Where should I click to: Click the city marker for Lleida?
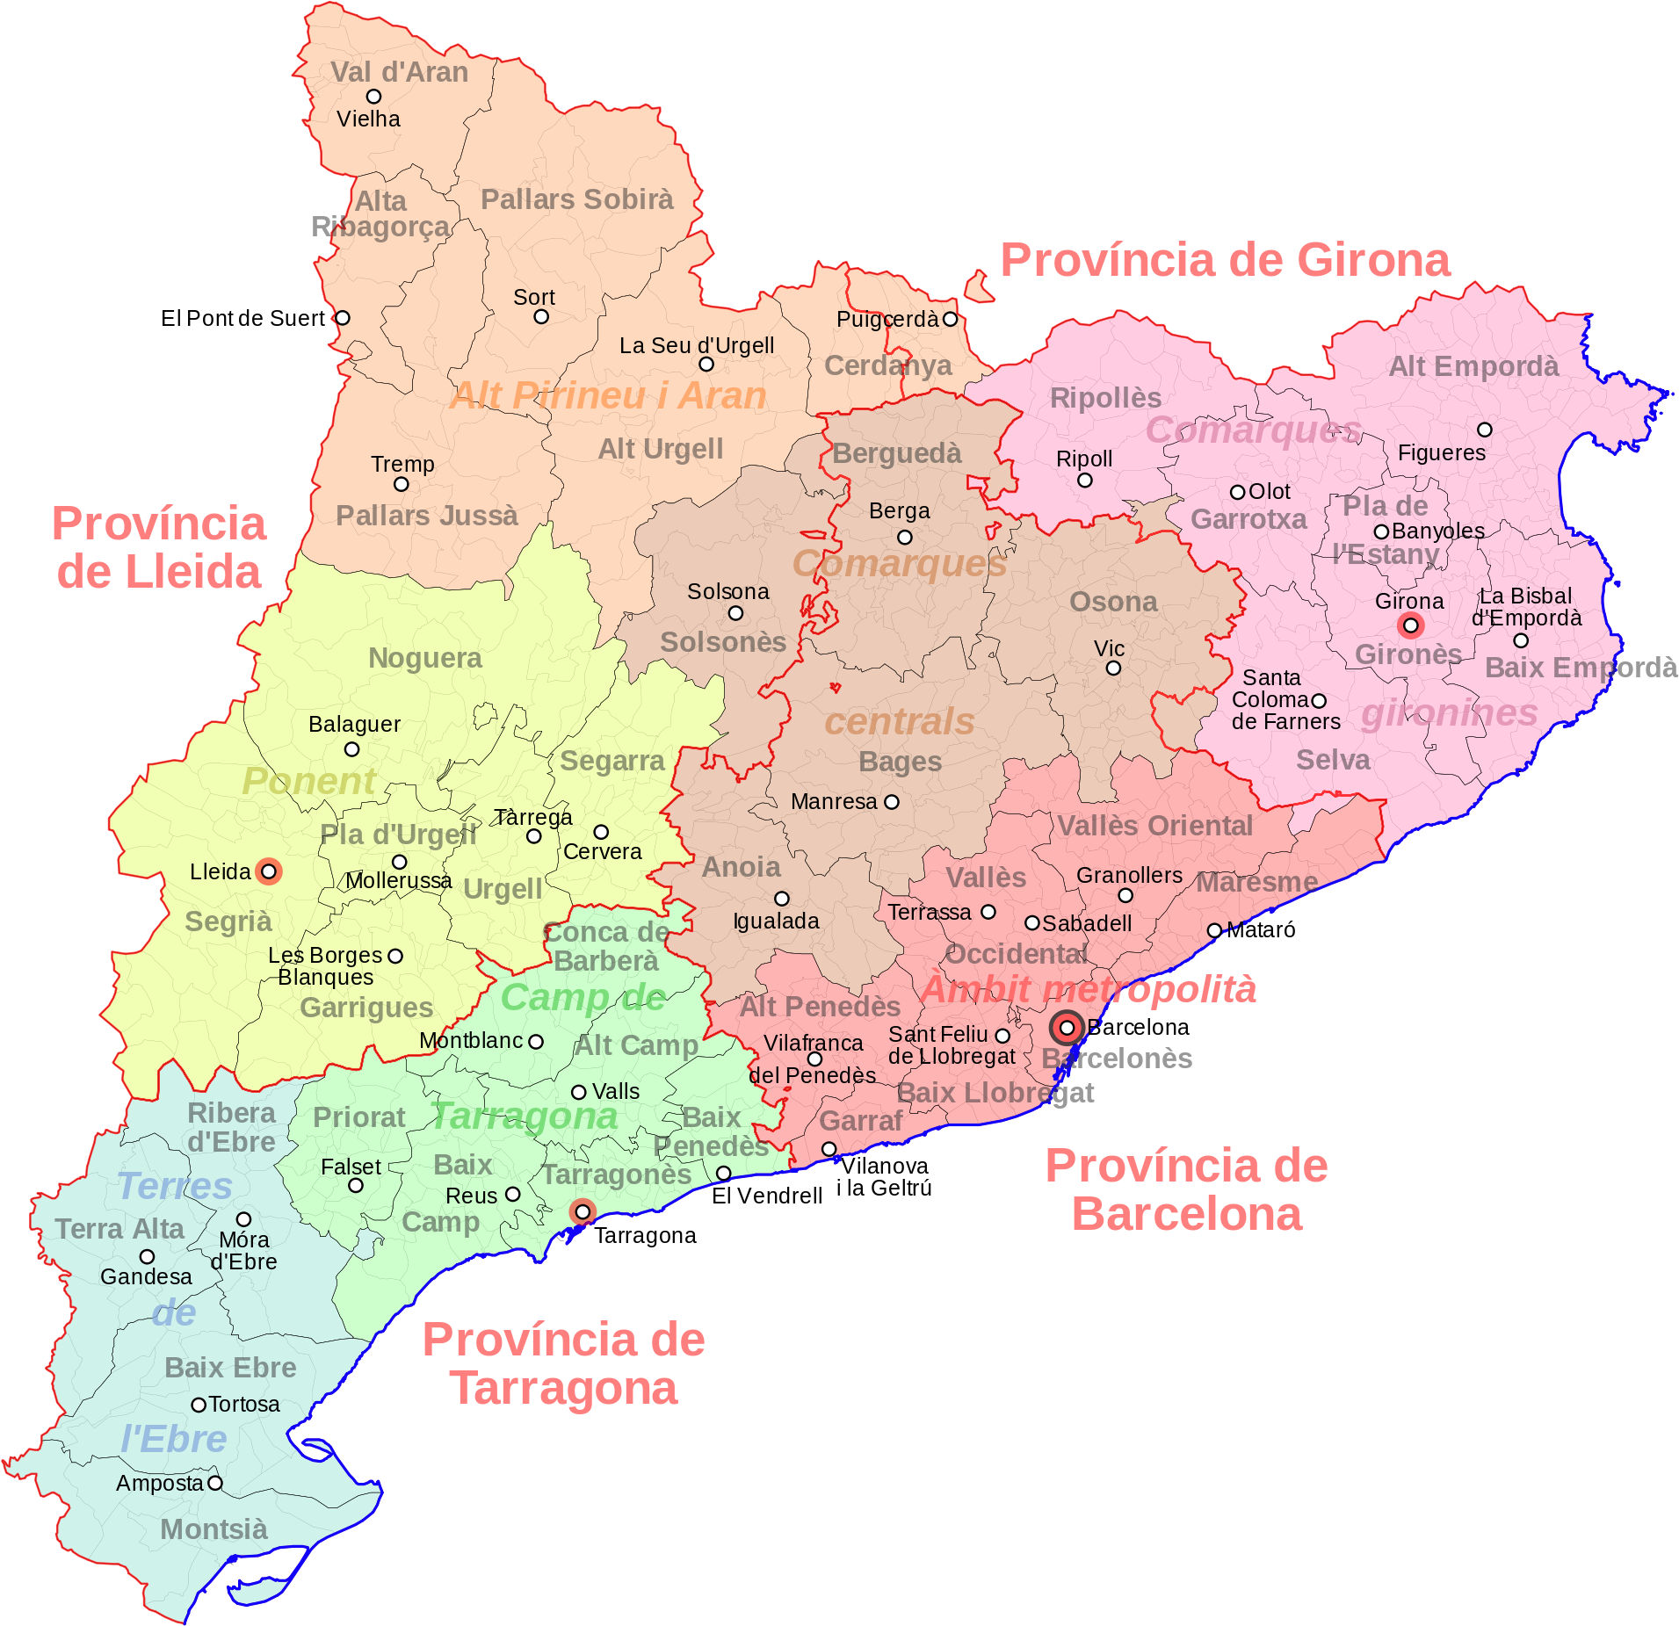click(269, 871)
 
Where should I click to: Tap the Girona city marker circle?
click(1410, 625)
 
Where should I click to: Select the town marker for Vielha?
click(373, 96)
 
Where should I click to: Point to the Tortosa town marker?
click(199, 1405)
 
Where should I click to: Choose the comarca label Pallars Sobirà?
click(576, 199)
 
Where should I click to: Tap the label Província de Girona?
click(1225, 261)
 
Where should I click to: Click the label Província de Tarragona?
click(563, 1364)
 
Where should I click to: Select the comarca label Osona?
click(1113, 602)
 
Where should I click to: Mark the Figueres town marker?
click(1484, 430)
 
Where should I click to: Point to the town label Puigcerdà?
click(887, 319)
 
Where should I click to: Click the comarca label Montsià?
click(213, 1529)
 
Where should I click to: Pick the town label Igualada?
click(776, 921)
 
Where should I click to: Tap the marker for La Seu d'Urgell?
click(706, 364)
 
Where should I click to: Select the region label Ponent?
click(308, 781)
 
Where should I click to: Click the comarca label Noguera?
click(425, 658)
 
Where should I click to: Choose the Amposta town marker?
click(214, 1484)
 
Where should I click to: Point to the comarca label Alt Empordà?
click(1473, 366)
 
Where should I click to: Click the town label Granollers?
click(1129, 875)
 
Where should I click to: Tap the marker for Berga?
click(904, 537)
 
